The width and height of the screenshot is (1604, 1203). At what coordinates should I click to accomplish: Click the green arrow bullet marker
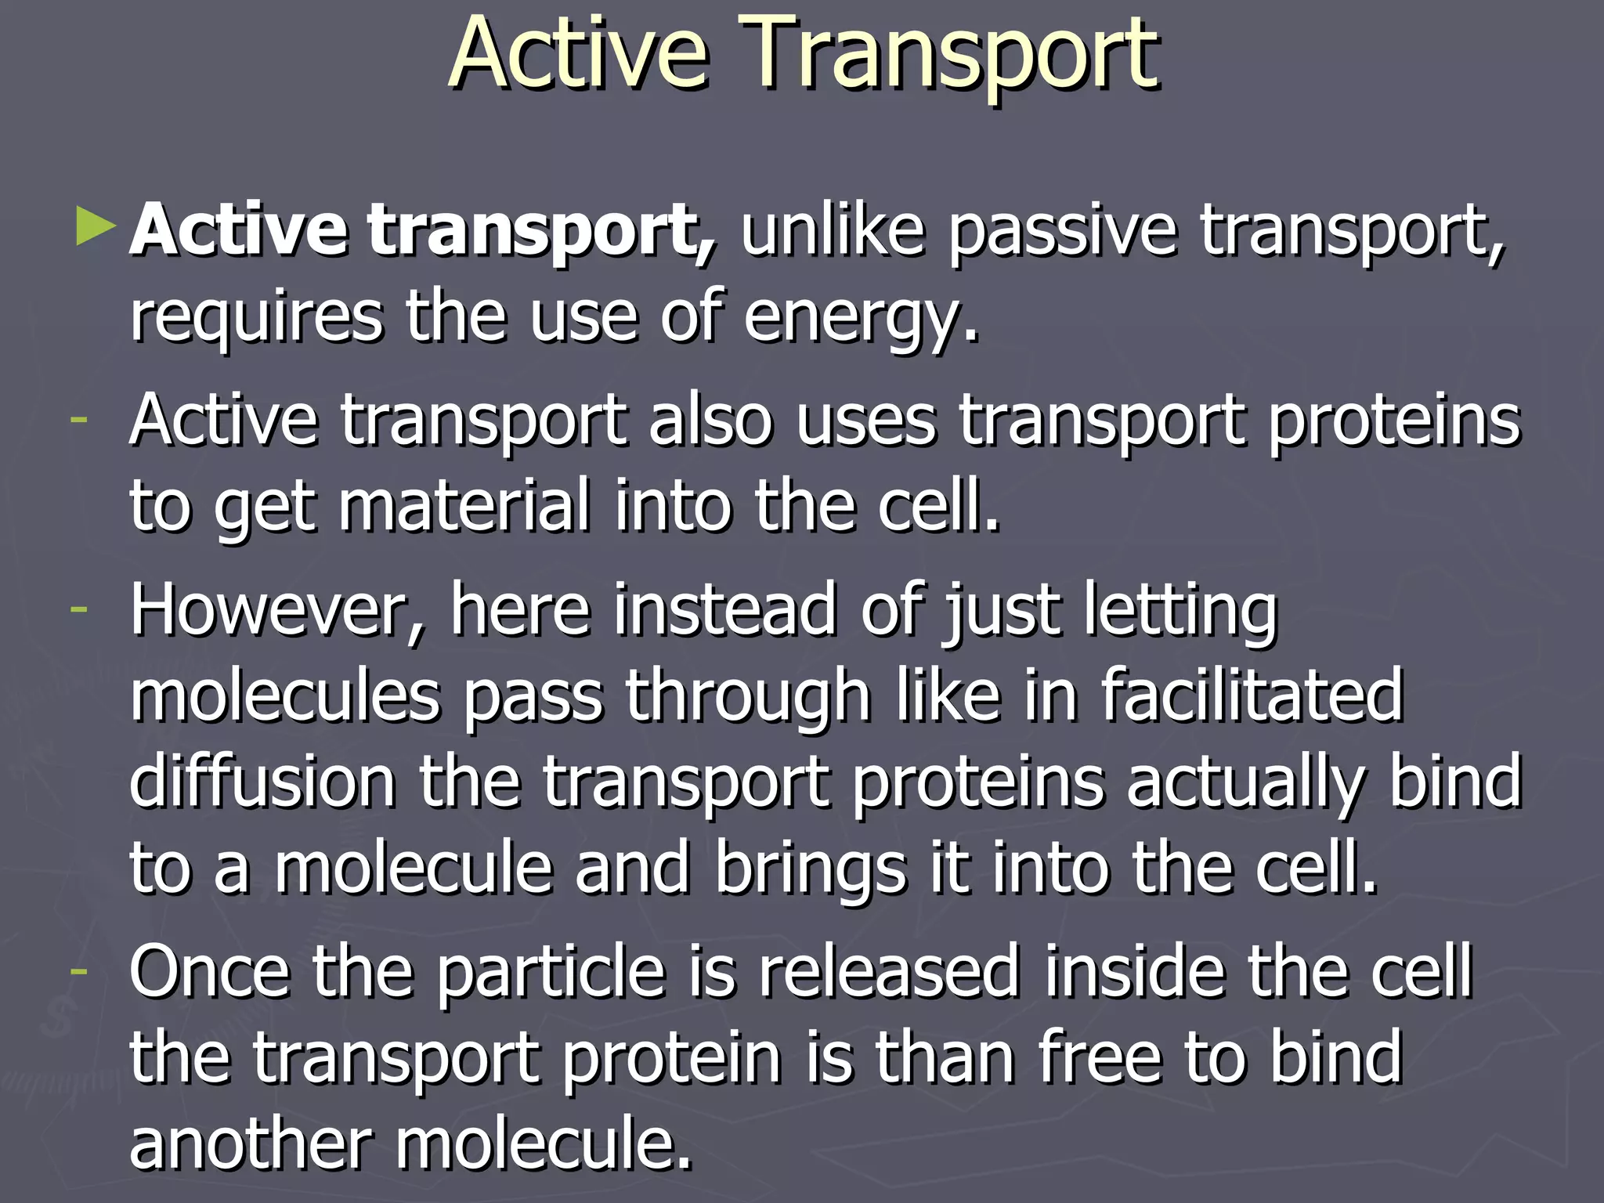96,226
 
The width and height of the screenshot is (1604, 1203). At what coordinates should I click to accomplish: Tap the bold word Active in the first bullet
239,230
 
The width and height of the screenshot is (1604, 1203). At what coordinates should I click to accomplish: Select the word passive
1062,232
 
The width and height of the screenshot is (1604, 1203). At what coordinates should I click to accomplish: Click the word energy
860,320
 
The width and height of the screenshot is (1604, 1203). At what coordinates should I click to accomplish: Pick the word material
464,507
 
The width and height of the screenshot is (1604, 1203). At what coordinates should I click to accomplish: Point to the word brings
810,869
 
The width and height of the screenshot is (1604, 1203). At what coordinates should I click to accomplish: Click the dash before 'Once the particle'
78,970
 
